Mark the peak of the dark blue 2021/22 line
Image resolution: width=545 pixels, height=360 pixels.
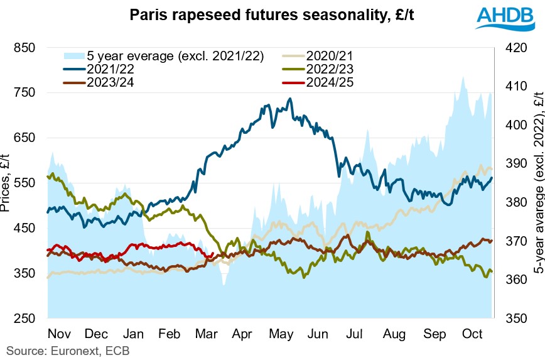(289, 99)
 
